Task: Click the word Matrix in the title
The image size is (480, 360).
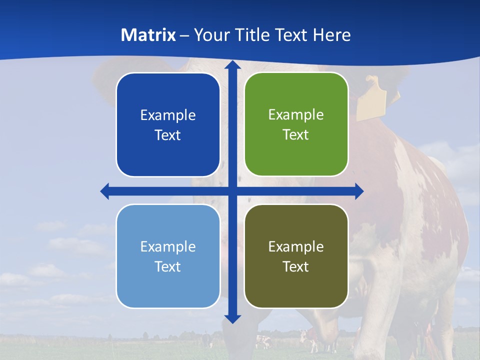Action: tap(148, 35)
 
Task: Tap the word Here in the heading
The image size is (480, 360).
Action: tap(331, 35)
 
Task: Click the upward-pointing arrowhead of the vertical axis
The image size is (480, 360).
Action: tap(232, 65)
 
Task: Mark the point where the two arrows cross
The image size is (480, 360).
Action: tap(232, 191)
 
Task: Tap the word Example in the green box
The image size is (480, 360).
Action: tap(296, 114)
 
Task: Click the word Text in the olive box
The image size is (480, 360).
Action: tap(296, 266)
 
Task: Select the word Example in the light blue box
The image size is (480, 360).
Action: tap(168, 246)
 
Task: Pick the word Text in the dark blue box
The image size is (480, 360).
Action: tap(168, 135)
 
